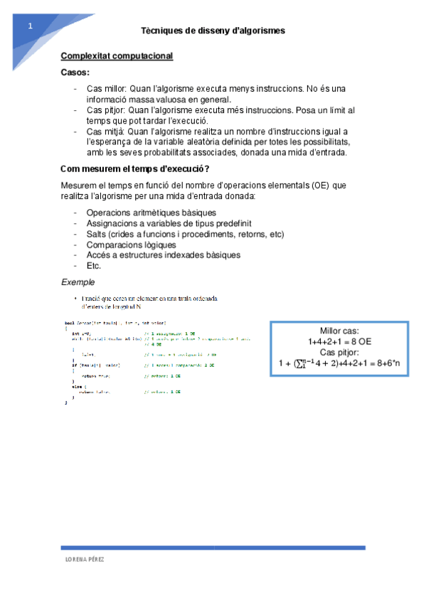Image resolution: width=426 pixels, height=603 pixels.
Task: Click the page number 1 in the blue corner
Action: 31,26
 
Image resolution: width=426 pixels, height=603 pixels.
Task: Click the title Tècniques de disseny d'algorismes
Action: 213,31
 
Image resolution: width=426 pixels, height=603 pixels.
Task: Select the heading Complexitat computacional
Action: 117,56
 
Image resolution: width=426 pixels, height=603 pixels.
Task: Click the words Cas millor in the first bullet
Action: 106,89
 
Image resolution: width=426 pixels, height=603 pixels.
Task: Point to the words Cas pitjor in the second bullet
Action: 105,111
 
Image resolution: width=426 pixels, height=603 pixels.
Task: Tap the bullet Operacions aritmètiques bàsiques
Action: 151,213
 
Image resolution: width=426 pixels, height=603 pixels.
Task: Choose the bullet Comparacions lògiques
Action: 131,245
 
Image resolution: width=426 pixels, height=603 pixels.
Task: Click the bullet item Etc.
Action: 94,265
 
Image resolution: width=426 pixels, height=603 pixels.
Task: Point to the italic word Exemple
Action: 78,282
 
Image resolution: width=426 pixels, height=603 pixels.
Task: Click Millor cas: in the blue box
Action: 339,331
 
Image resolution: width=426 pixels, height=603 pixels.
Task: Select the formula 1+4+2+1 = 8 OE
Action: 339,341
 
